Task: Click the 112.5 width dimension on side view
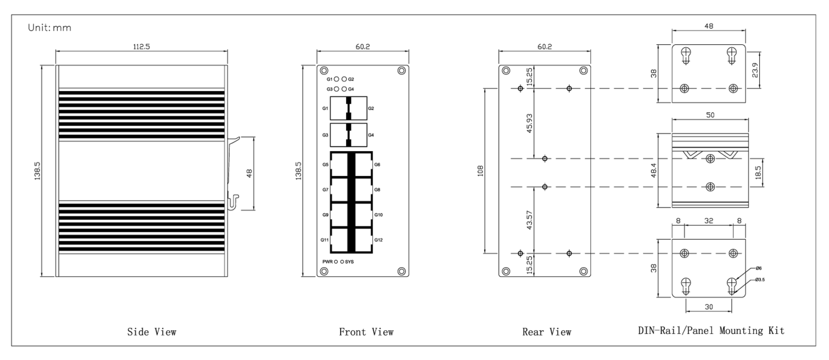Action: pyautogui.click(x=142, y=47)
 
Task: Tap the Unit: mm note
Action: pyautogui.click(x=50, y=28)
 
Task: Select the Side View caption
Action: pyautogui.click(x=152, y=332)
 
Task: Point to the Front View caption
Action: pyautogui.click(x=366, y=332)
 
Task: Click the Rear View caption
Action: pyautogui.click(x=547, y=332)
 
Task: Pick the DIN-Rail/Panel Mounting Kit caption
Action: pyautogui.click(x=711, y=330)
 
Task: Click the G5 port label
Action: pyautogui.click(x=326, y=165)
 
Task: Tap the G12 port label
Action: pyautogui.click(x=378, y=240)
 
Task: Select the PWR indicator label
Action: pyautogui.click(x=327, y=262)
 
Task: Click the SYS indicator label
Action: pyautogui.click(x=349, y=262)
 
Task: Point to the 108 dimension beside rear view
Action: pyautogui.click(x=480, y=171)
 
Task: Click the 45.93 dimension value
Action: pyautogui.click(x=530, y=124)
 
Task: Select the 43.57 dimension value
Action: pyautogui.click(x=530, y=220)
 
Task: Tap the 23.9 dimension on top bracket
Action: pyautogui.click(x=755, y=70)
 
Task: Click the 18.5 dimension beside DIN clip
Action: pyautogui.click(x=758, y=172)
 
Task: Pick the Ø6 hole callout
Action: pyautogui.click(x=759, y=268)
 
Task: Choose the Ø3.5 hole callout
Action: pyautogui.click(x=760, y=280)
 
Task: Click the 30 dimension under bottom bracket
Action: pyautogui.click(x=709, y=307)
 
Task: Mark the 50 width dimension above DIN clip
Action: pyautogui.click(x=710, y=115)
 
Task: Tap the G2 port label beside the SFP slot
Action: pyautogui.click(x=371, y=109)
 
